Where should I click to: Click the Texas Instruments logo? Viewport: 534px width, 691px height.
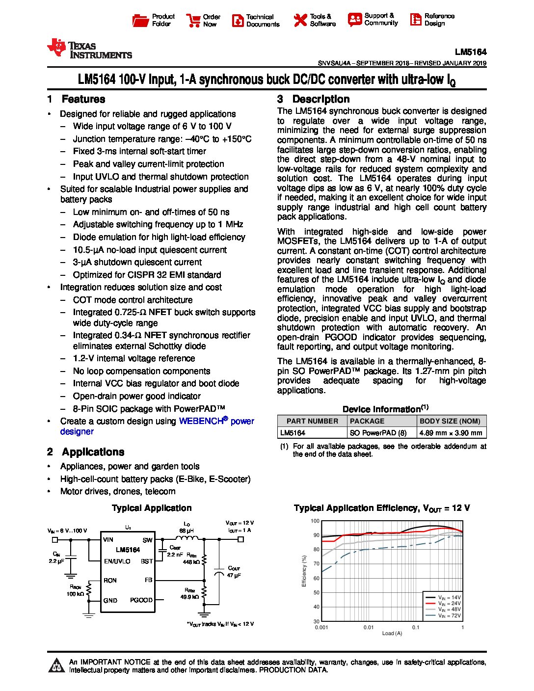89,49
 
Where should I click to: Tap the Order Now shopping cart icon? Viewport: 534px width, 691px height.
192,20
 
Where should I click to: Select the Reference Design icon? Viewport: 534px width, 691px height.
415,20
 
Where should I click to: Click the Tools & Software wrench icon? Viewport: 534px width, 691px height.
300,20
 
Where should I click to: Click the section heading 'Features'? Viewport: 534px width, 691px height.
83,99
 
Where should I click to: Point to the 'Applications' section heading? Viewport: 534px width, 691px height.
93,452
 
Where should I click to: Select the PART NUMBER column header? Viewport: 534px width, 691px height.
312,421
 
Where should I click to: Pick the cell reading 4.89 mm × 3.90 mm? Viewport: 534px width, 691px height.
451,433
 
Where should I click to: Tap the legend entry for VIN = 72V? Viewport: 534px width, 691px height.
449,615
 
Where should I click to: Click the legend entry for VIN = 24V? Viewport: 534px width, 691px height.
449,604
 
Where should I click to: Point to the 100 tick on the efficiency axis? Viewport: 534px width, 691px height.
315,521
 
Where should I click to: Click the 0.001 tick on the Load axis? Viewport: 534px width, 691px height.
321,627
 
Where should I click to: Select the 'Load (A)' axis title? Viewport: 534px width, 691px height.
392,634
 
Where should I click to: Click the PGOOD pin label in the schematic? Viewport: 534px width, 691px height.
141,600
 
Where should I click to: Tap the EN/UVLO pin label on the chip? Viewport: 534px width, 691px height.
117,561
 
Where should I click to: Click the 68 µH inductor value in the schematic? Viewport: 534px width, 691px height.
186,531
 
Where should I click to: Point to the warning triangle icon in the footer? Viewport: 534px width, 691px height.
57,665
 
